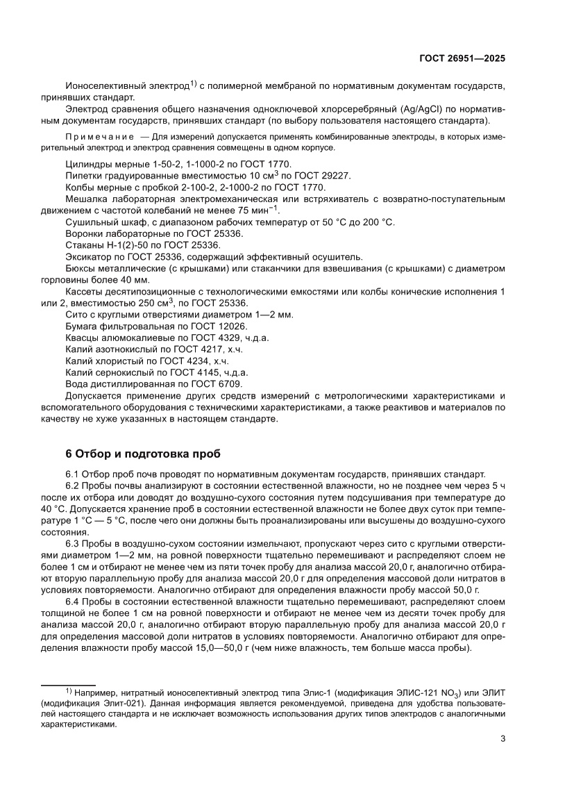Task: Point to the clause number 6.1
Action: [72, 474]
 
